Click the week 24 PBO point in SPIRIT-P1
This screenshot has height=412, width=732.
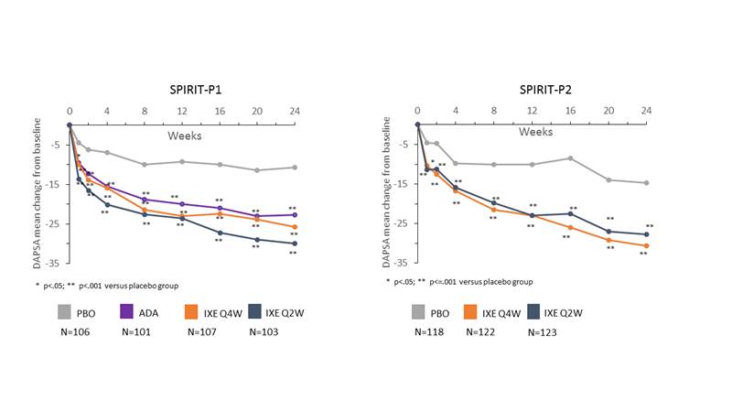coord(294,168)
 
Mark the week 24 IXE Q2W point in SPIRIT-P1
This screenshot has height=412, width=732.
coord(294,244)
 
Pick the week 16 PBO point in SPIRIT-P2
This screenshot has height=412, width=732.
coord(570,158)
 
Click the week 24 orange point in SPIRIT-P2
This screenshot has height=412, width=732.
coord(646,245)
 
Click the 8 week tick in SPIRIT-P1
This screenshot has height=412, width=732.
coord(145,112)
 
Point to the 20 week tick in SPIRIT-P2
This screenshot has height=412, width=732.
coord(608,112)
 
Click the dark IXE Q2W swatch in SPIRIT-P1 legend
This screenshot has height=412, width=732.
coord(257,312)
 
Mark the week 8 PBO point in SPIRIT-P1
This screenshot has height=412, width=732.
coord(145,165)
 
